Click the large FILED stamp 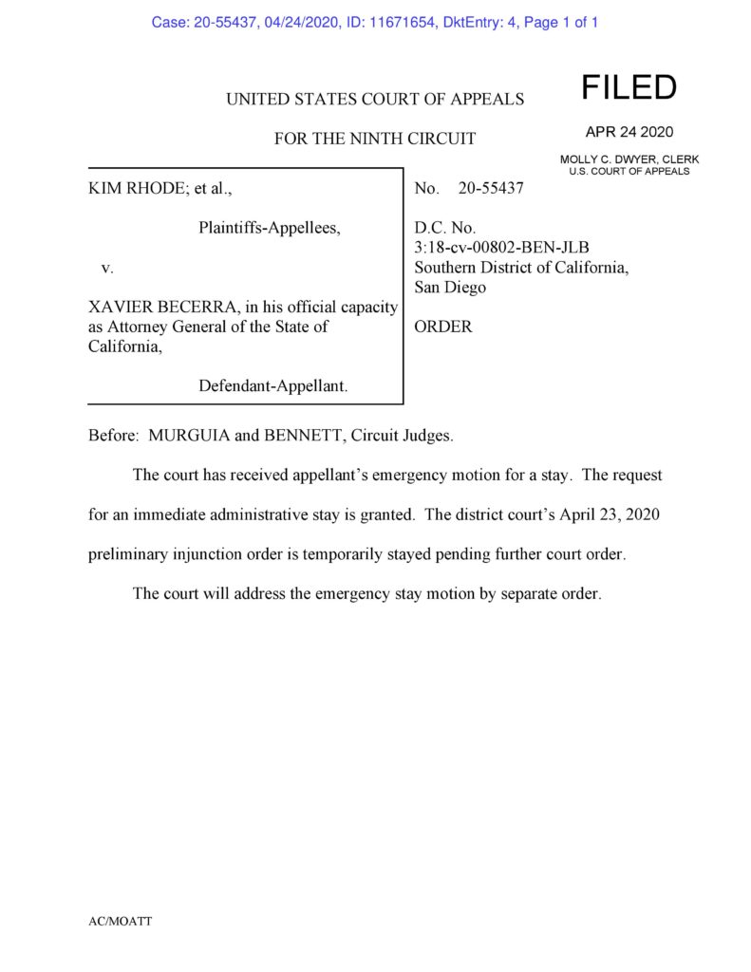(629, 88)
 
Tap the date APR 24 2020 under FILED (629, 132)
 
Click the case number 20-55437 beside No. (490, 189)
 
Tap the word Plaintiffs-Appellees (269, 228)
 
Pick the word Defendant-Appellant (272, 385)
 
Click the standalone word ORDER (442, 327)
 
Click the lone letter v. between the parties (107, 268)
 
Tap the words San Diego (450, 287)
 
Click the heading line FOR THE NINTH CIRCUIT (375, 139)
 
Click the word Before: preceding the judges (114, 437)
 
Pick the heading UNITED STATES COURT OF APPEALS (375, 99)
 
